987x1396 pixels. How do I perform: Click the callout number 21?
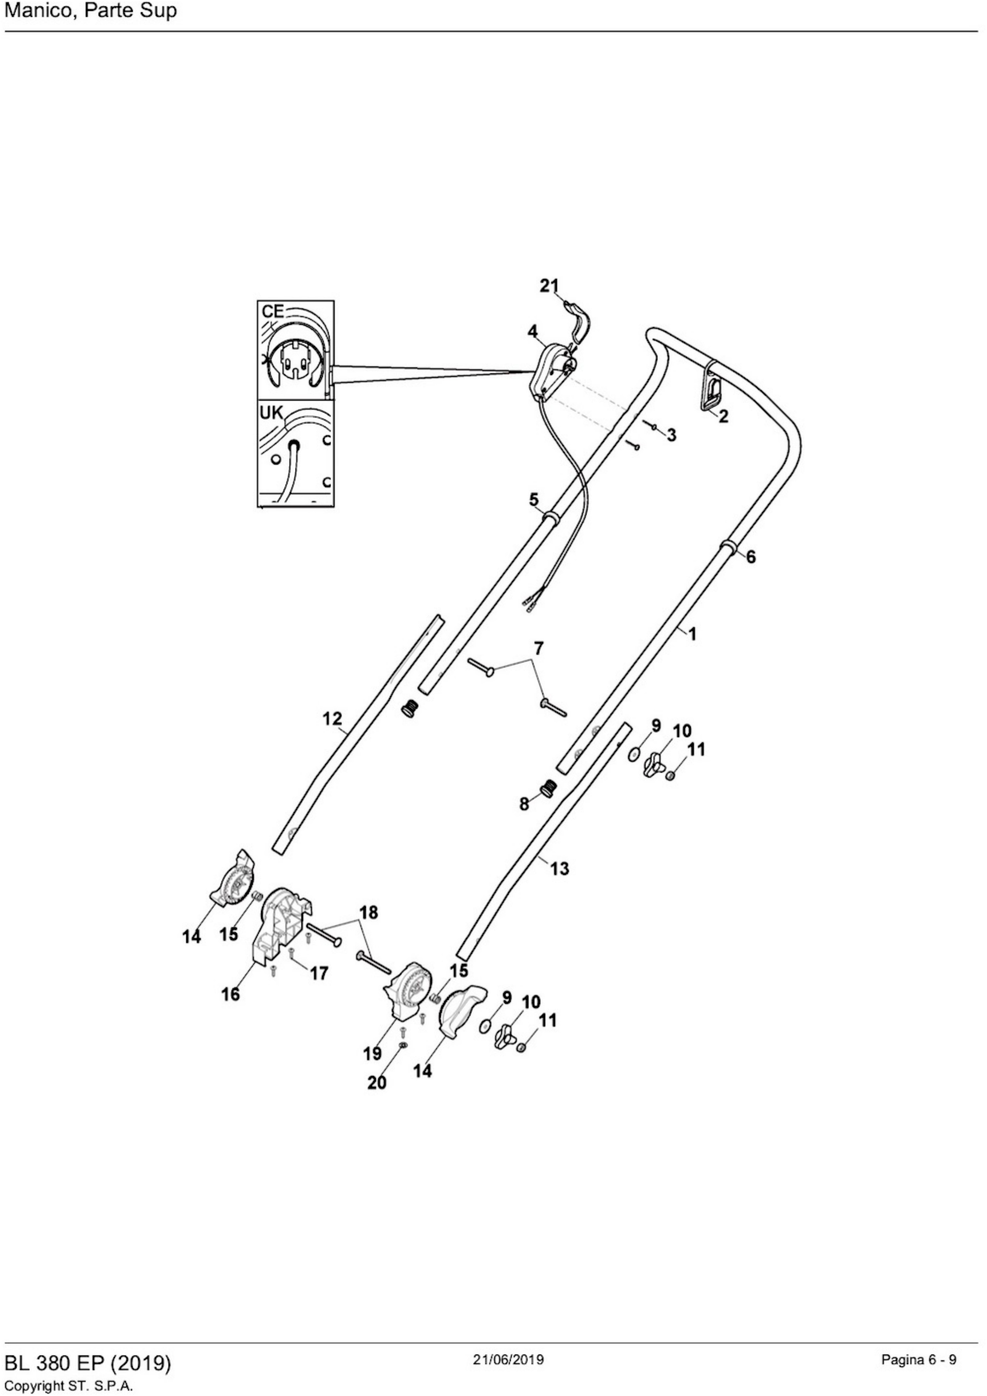(x=550, y=286)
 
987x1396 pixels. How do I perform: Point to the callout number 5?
(x=533, y=499)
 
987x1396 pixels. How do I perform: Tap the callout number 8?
(x=523, y=804)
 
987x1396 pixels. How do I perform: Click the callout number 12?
(x=332, y=718)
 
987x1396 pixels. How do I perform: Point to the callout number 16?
(x=230, y=994)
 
